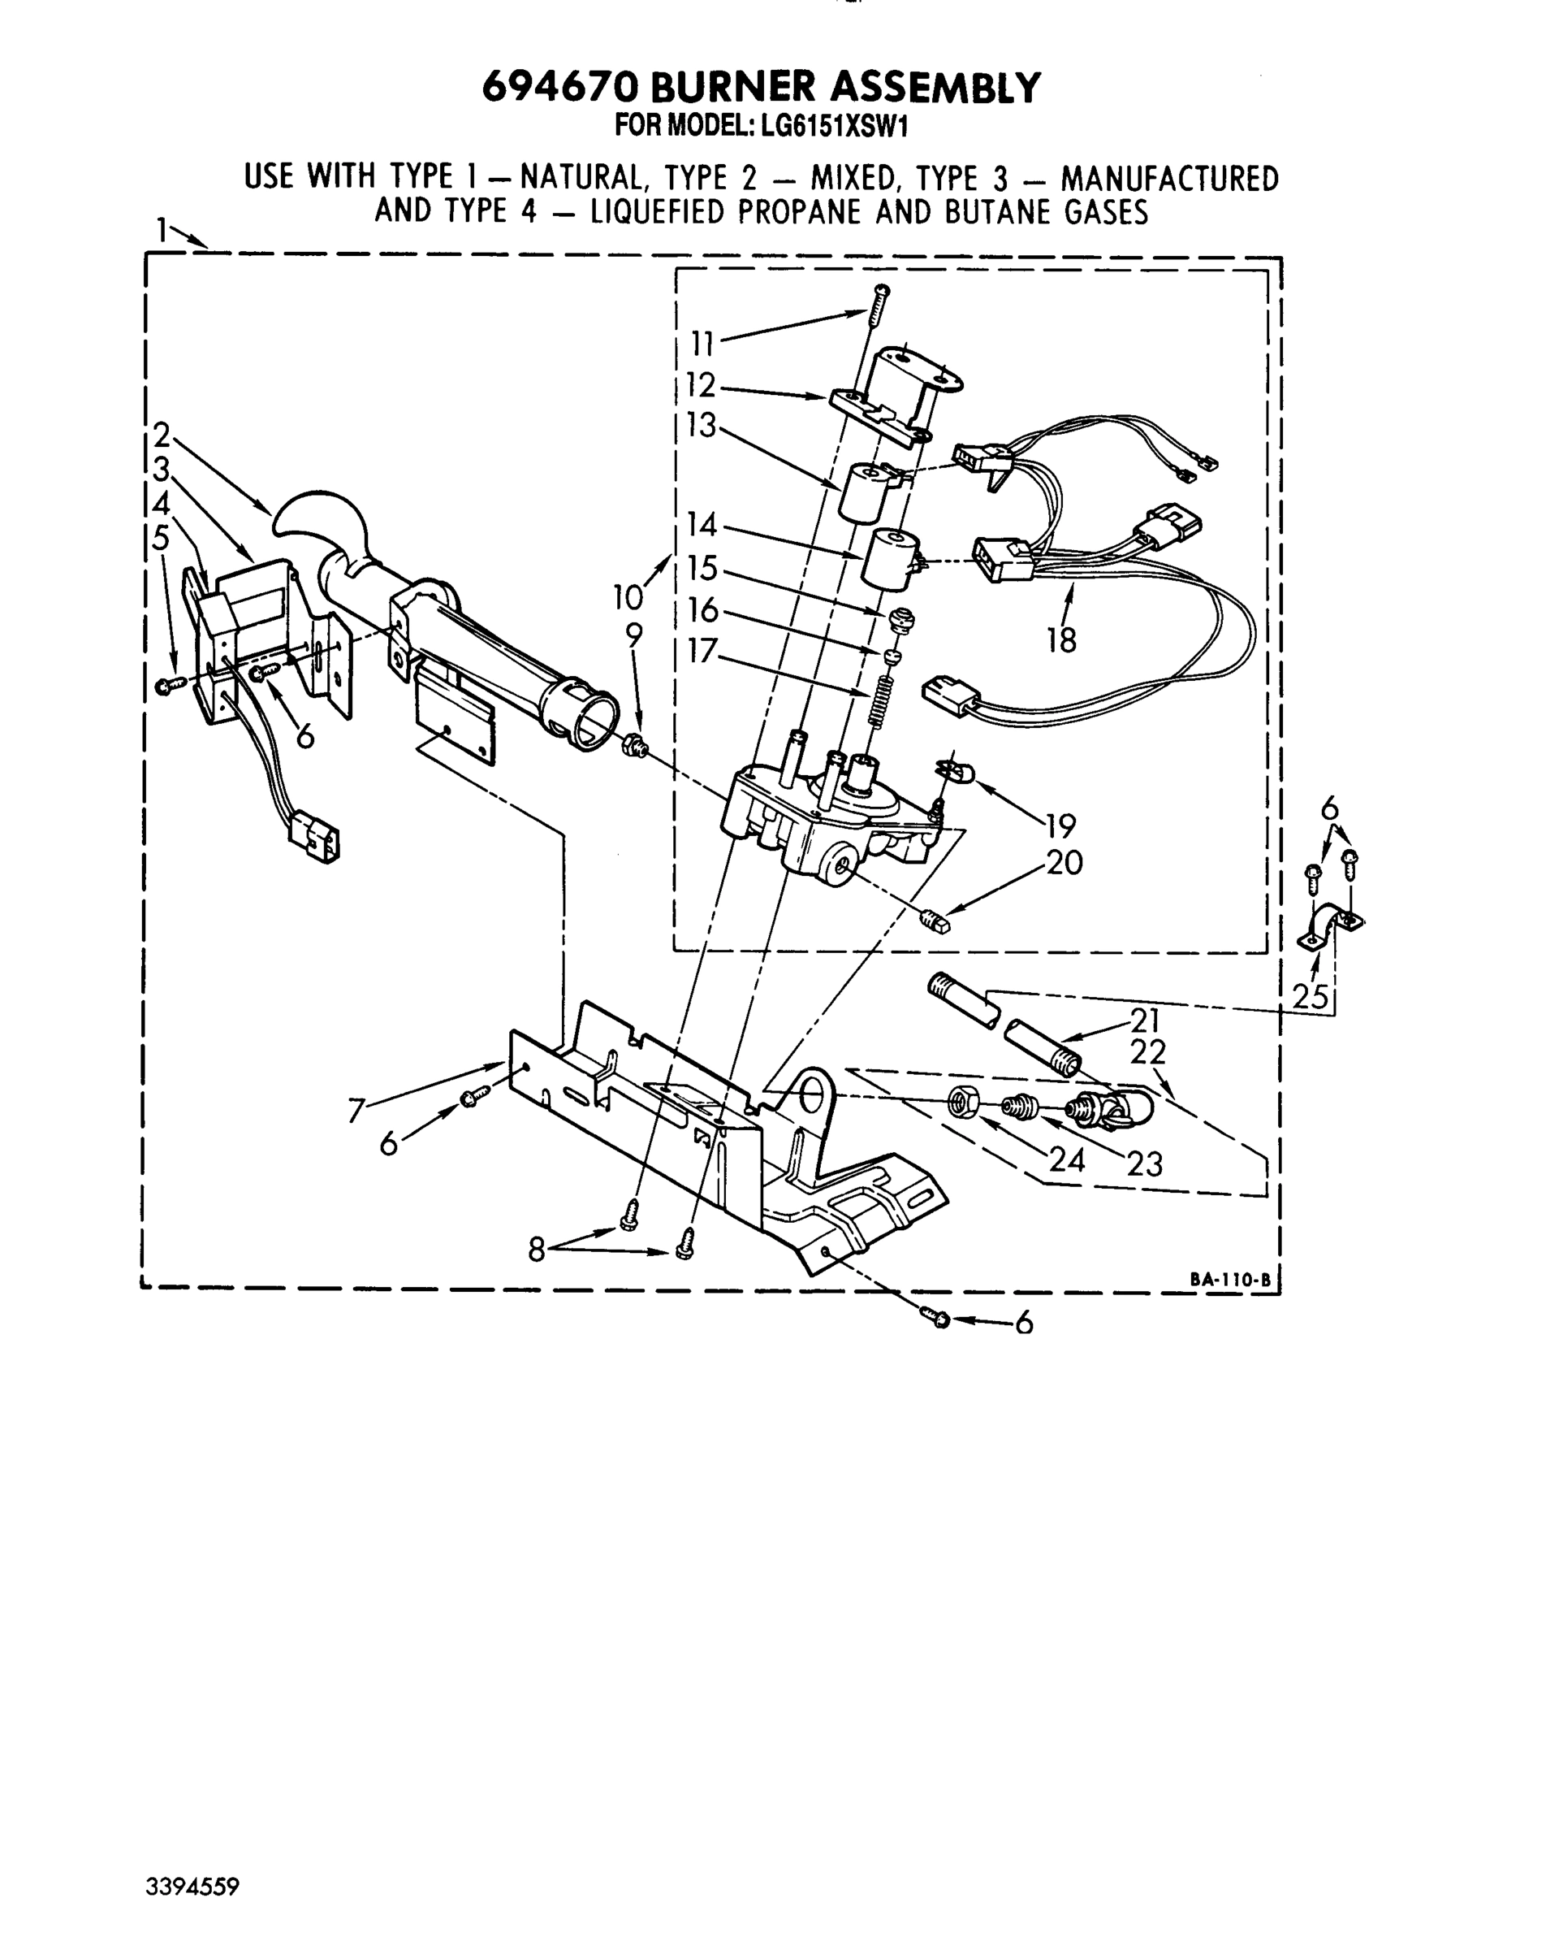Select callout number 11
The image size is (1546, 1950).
[x=702, y=344]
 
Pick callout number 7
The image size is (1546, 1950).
[x=357, y=1110]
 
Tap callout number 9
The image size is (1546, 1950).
[x=634, y=636]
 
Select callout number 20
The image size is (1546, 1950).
[x=1064, y=862]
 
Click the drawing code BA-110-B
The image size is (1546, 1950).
[x=1229, y=1280]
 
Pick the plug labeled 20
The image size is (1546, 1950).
[x=935, y=922]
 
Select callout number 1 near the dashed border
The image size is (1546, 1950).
[x=162, y=231]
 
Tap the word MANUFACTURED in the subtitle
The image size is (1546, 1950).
[x=1169, y=178]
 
